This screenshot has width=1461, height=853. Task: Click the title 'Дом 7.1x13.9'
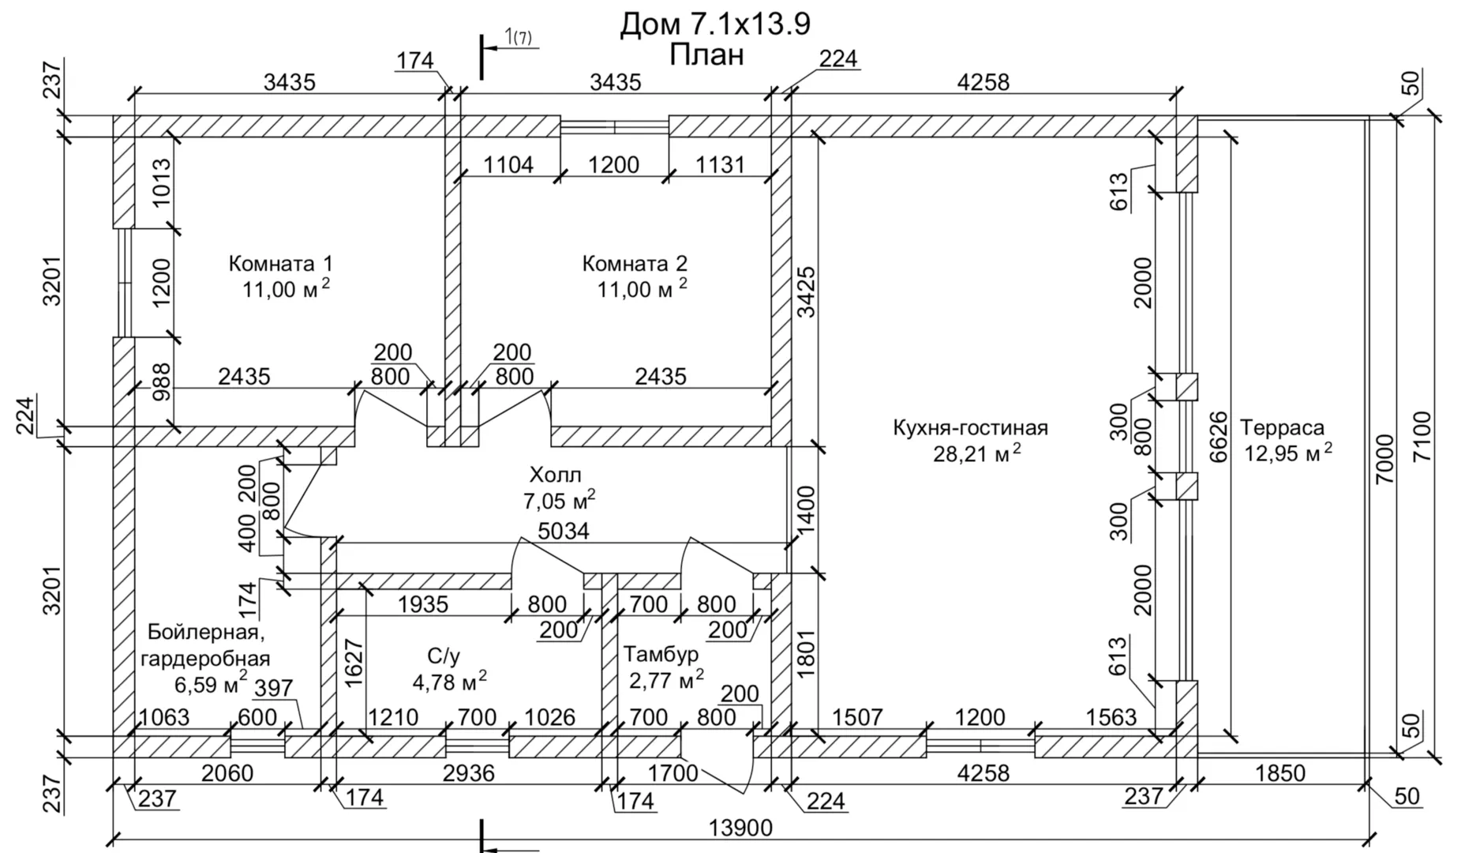(x=714, y=24)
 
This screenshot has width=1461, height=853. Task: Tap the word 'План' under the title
(x=706, y=55)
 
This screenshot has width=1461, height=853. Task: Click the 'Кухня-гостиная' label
(x=970, y=428)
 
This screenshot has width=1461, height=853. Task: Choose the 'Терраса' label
(x=1282, y=428)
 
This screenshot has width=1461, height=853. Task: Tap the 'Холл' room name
(x=555, y=475)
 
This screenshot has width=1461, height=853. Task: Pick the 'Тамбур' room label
(x=661, y=654)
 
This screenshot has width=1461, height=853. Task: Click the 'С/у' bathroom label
(x=443, y=656)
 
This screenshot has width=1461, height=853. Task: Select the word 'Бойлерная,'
(x=204, y=632)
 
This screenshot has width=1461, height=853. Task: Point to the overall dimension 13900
(x=740, y=828)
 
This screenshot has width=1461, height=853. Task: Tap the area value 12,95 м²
(x=1288, y=454)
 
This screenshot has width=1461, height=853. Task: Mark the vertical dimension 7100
(x=1422, y=437)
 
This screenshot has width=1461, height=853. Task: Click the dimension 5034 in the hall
(x=564, y=531)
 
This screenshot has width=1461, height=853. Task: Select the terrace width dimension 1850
(x=1279, y=772)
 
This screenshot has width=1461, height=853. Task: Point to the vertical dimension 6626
(x=1219, y=437)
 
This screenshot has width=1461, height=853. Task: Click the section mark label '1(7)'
(x=519, y=36)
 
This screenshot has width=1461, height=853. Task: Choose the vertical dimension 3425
(x=806, y=291)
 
